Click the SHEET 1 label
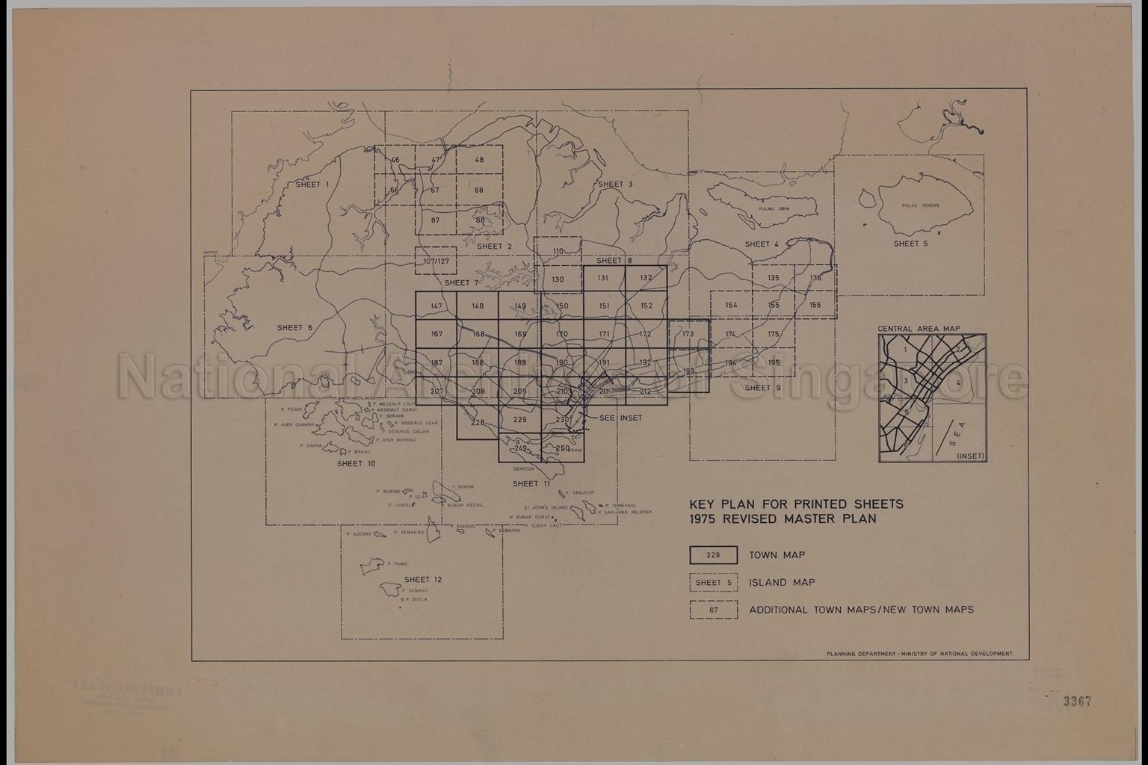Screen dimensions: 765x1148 (312, 185)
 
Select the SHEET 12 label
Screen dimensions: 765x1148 (423, 580)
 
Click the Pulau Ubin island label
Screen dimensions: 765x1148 (769, 209)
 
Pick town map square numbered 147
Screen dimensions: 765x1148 (436, 306)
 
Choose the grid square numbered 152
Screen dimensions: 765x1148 (646, 306)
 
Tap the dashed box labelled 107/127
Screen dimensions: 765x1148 (436, 261)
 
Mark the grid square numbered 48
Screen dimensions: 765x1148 (479, 160)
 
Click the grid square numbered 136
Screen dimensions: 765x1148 (815, 278)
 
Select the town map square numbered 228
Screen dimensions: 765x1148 (478, 423)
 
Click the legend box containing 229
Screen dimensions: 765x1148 (713, 555)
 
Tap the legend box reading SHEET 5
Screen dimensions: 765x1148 (713, 583)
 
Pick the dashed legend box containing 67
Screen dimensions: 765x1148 (713, 610)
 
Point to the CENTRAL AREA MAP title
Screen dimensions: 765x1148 (919, 329)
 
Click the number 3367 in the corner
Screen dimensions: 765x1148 (1078, 701)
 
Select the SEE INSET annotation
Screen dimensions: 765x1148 (620, 418)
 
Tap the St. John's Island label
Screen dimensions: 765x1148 (546, 507)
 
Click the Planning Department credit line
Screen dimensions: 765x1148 (919, 654)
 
